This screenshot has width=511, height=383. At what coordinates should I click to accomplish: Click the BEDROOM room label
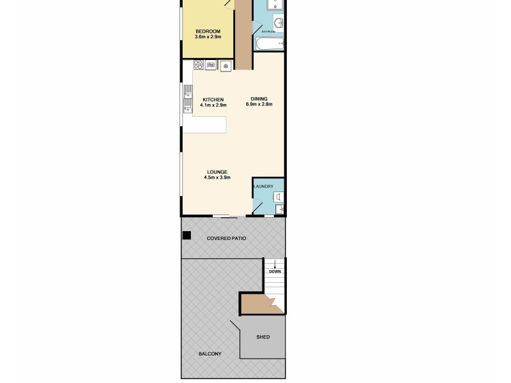(208, 31)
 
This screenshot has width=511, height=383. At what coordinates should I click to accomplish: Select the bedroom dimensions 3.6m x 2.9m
(208, 37)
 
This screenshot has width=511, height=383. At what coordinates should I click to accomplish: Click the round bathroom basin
(278, 22)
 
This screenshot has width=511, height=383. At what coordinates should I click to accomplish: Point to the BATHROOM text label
(268, 31)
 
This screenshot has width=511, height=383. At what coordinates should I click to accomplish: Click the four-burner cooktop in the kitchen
(199, 64)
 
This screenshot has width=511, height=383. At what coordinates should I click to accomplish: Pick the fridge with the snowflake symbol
(225, 64)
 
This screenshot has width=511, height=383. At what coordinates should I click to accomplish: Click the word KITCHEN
(213, 99)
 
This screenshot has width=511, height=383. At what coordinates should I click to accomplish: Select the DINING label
(259, 99)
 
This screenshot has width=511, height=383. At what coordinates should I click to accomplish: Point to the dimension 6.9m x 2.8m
(259, 105)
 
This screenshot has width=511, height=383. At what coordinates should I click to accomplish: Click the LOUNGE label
(217, 172)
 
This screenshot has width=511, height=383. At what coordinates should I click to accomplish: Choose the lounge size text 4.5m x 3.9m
(217, 177)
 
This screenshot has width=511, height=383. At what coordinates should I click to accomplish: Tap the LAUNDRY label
(264, 186)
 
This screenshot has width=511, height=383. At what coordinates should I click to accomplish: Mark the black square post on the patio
(187, 236)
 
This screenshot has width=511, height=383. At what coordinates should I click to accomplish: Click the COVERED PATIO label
(226, 238)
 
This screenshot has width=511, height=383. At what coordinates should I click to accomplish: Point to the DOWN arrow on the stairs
(275, 264)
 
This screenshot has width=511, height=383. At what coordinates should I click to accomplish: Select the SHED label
(263, 337)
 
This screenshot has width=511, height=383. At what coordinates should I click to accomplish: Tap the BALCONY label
(210, 354)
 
